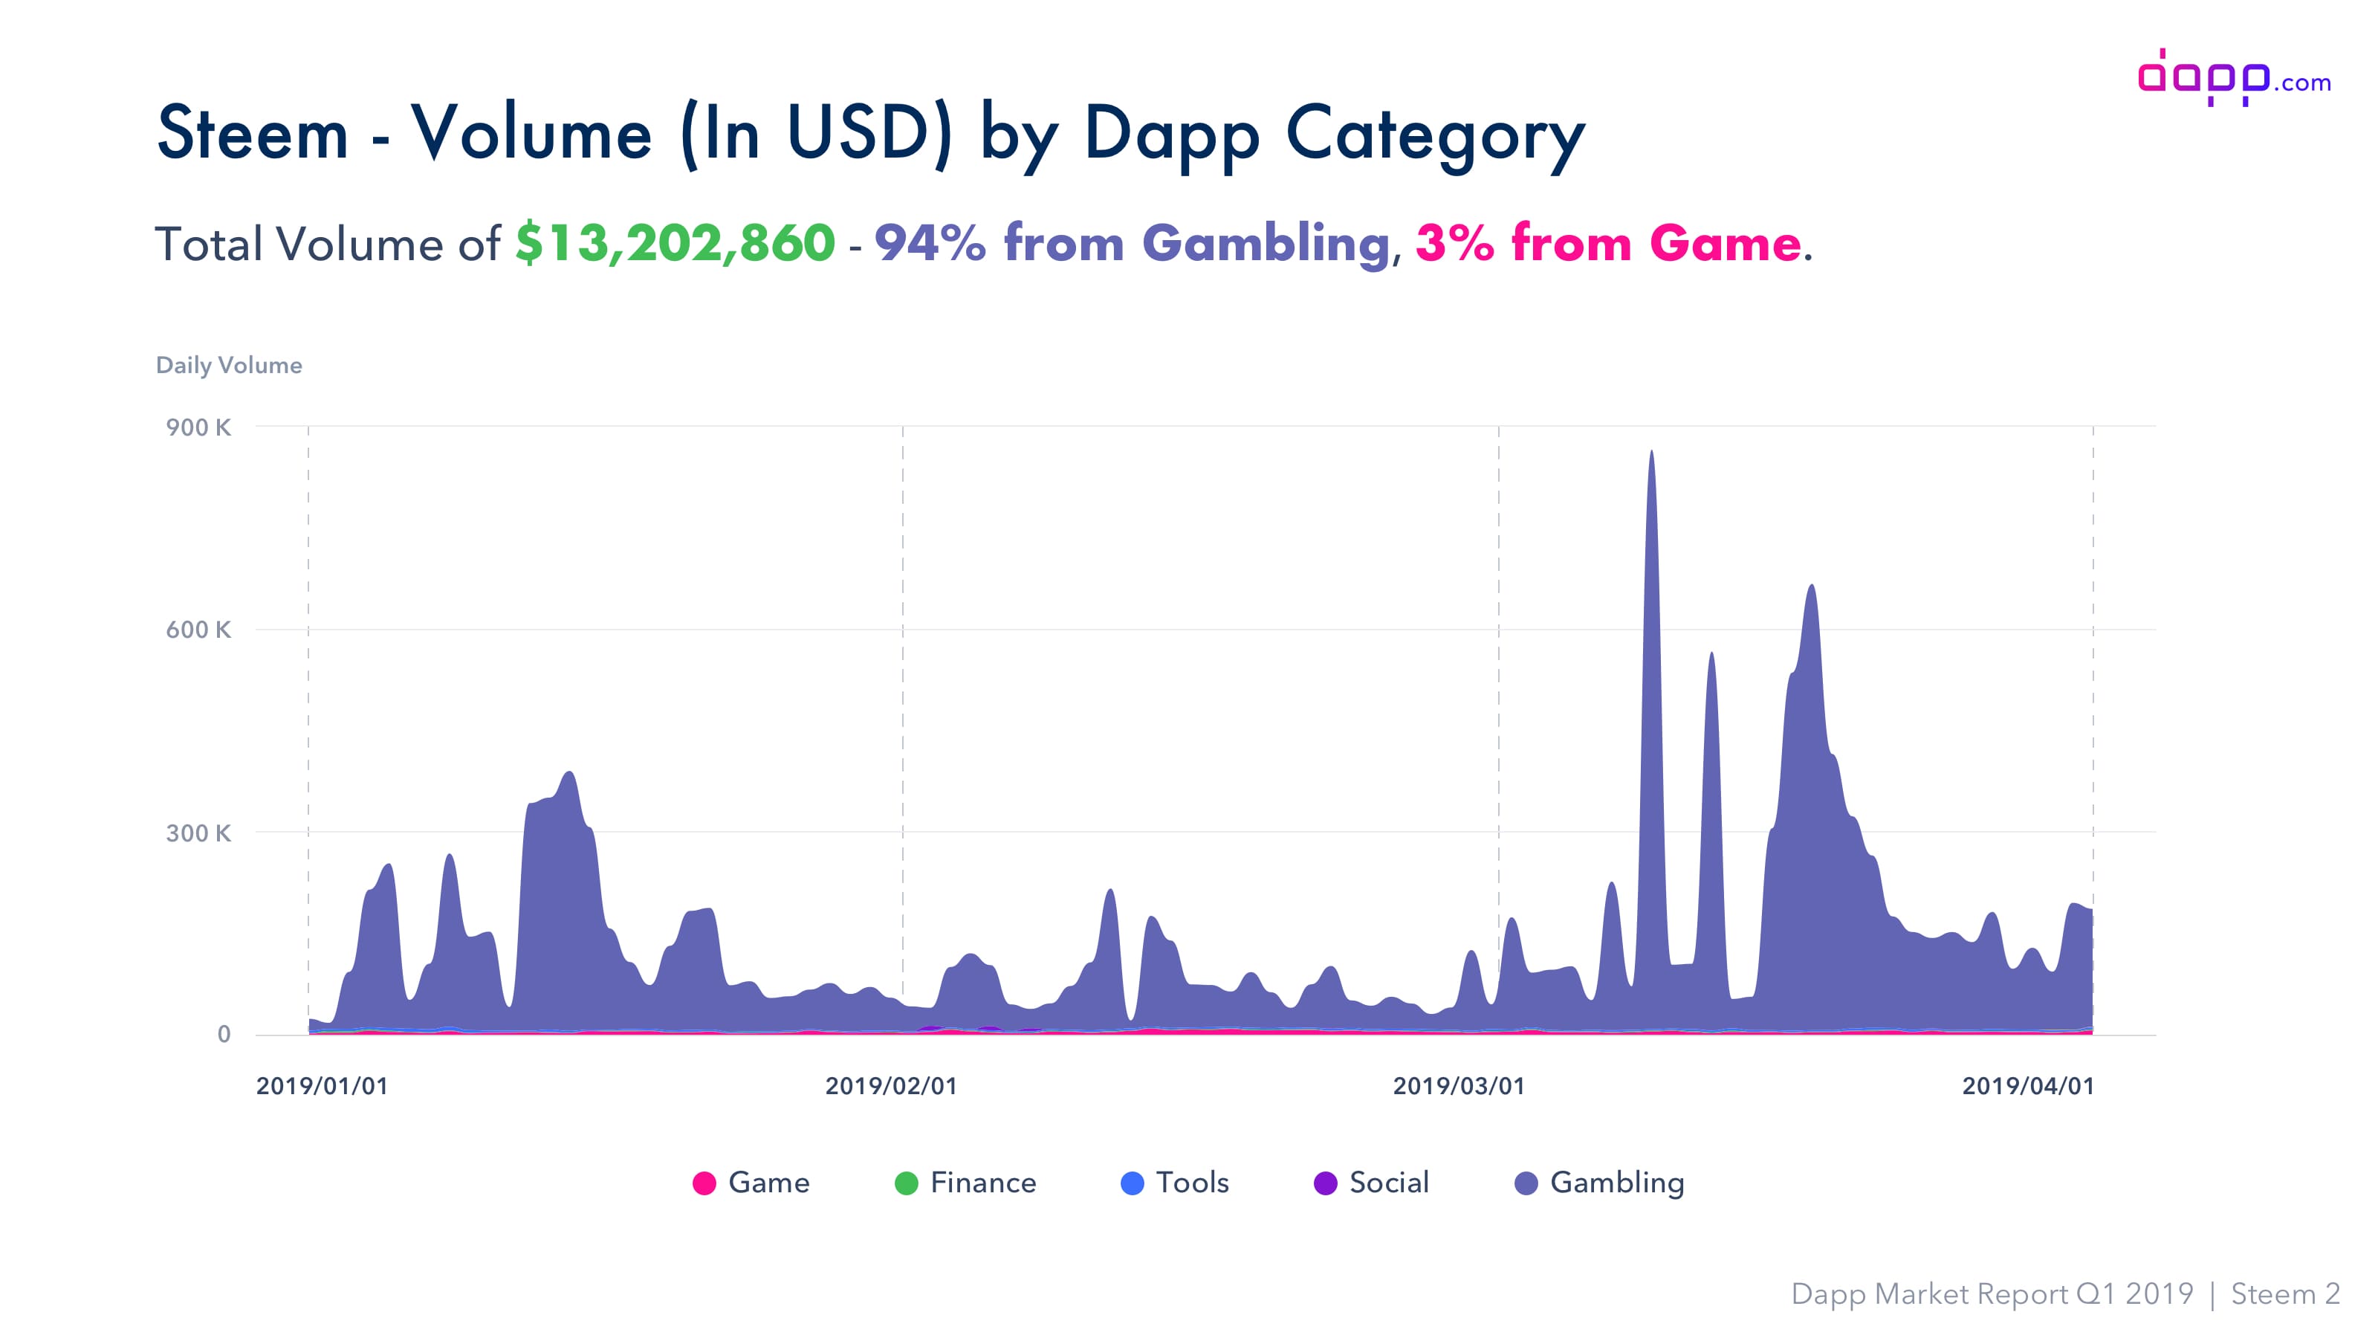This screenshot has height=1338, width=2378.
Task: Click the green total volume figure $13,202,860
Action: click(x=675, y=244)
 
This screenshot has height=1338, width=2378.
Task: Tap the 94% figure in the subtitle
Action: click(x=930, y=244)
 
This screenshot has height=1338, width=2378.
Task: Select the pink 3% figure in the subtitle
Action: click(x=1454, y=244)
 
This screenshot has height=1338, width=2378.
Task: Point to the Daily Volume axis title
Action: click(x=228, y=365)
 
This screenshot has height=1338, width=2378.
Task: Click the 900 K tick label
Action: click(x=198, y=427)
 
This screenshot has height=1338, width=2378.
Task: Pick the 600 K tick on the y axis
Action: click(x=198, y=630)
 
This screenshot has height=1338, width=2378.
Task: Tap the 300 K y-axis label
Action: click(x=198, y=833)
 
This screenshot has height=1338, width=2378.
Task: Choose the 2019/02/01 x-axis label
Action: click(x=891, y=1086)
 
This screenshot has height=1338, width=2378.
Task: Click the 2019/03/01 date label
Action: click(x=1459, y=1086)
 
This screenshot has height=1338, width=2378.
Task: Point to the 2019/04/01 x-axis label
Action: click(x=2028, y=1086)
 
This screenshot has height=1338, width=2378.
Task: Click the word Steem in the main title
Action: click(x=252, y=134)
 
